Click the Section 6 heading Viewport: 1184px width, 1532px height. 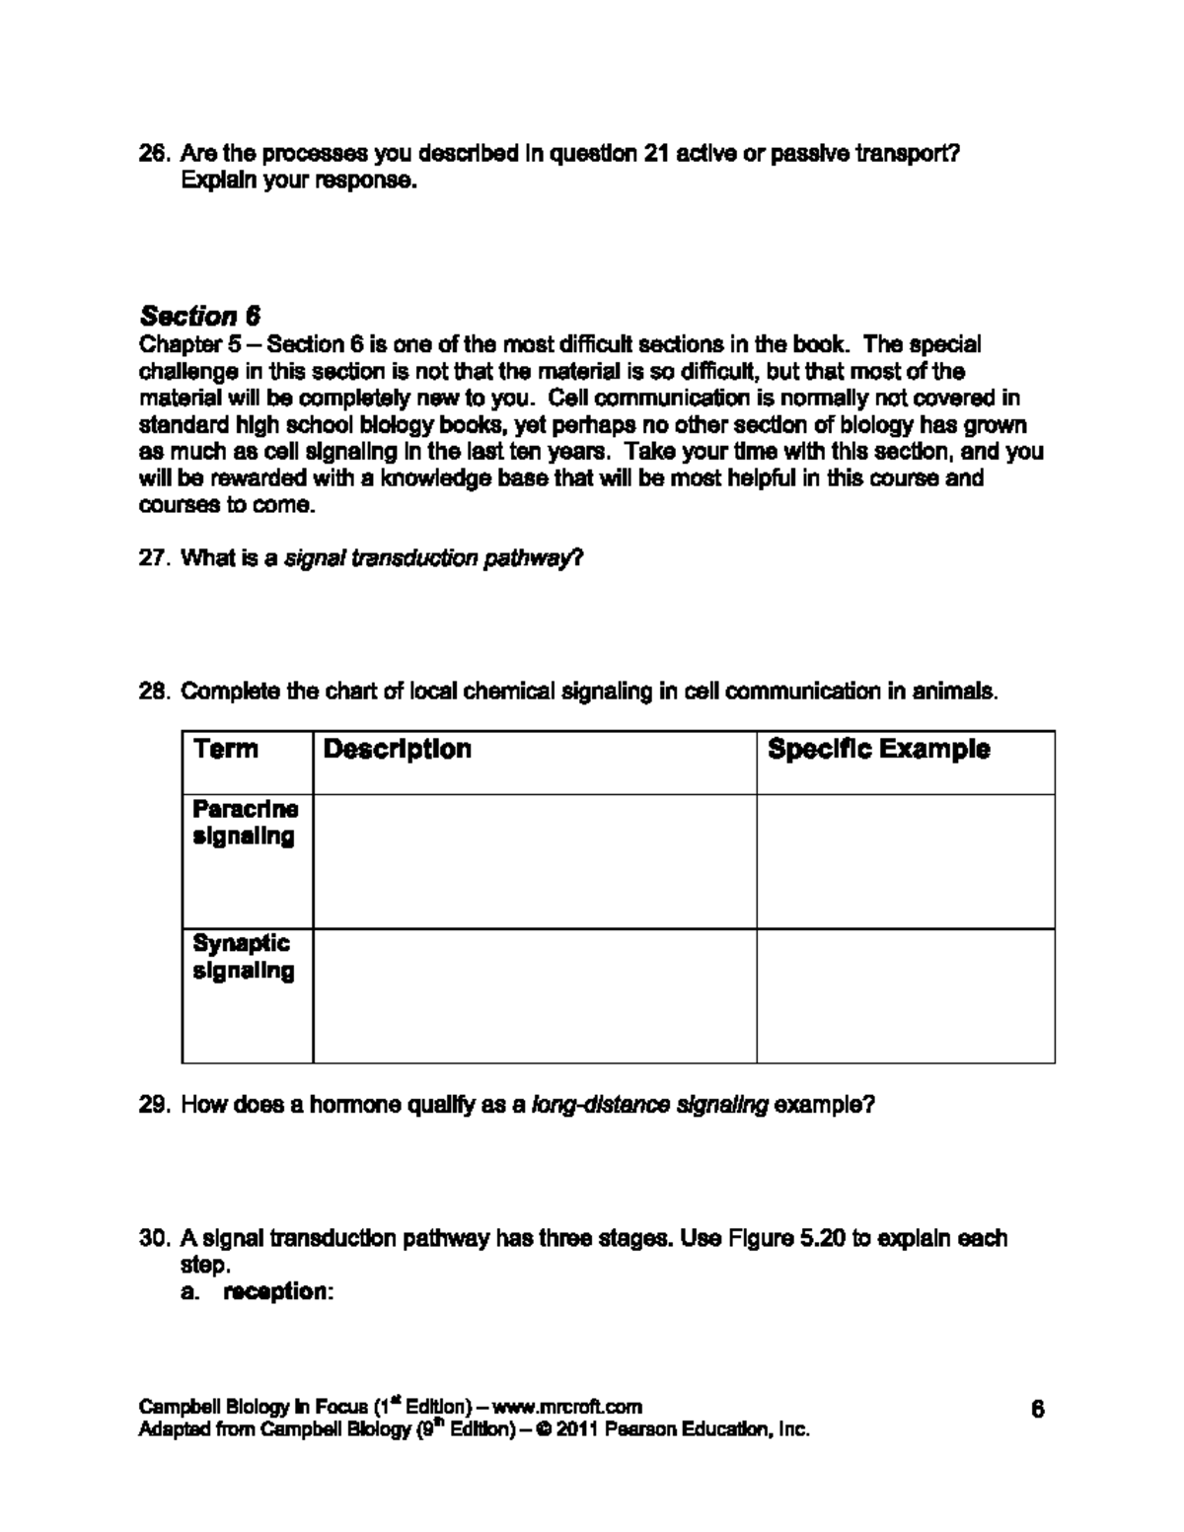tap(200, 316)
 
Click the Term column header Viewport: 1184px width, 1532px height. tap(226, 749)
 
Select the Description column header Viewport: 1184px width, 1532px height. tap(397, 749)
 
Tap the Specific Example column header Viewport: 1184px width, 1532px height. tap(878, 749)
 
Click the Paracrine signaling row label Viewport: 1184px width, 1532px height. tap(245, 823)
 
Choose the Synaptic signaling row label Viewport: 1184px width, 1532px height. tap(243, 957)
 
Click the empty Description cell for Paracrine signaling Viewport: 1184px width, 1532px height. tap(534, 861)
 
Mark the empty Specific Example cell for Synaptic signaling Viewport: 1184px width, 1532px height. tap(905, 995)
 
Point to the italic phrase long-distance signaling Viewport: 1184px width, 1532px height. tap(649, 1105)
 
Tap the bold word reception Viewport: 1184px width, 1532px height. tap(274, 1291)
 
